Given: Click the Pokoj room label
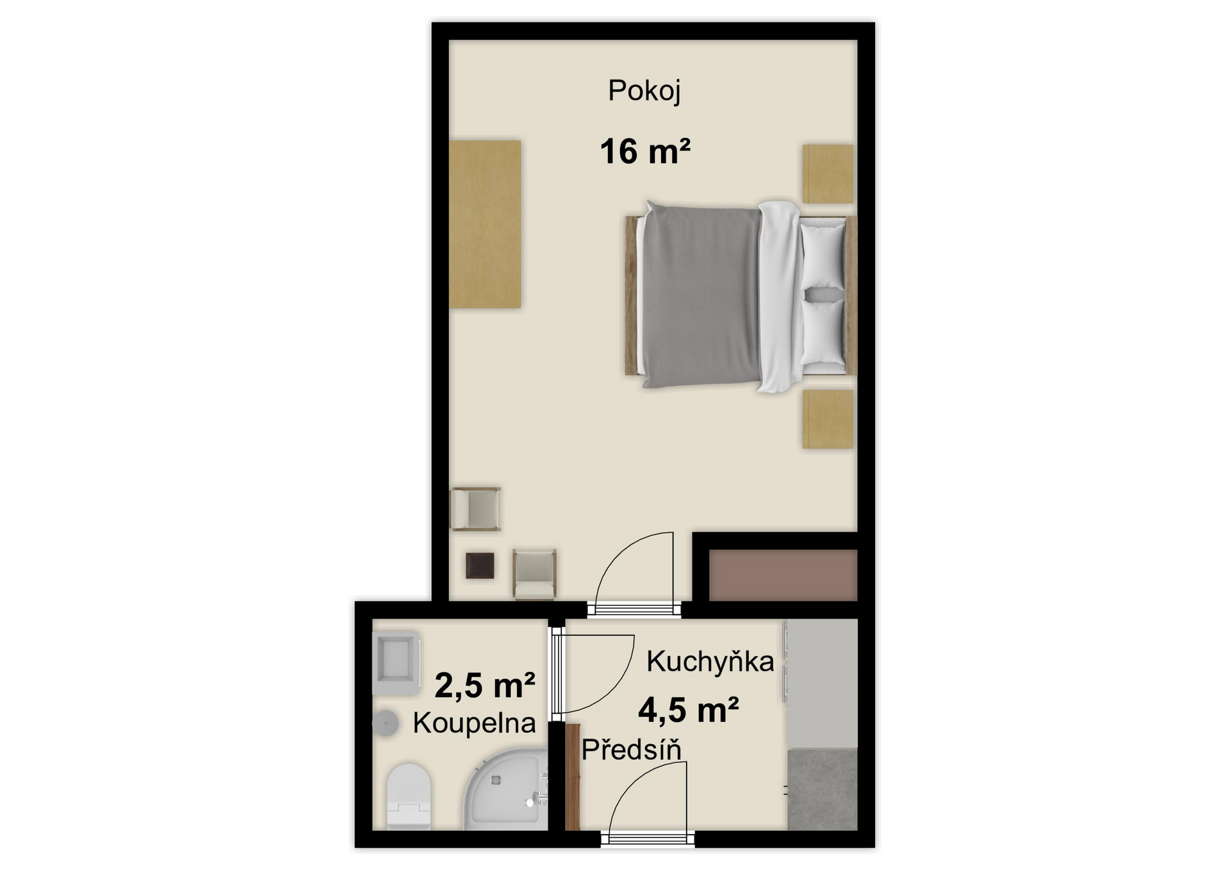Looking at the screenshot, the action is point(644,91).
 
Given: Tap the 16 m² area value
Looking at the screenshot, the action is point(645,152).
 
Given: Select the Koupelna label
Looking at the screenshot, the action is point(474,723).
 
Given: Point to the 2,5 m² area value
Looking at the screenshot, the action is point(485,685).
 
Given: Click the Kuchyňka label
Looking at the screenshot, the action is point(710,661).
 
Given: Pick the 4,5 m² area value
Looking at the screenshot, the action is point(689,710).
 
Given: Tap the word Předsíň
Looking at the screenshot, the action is point(631,750).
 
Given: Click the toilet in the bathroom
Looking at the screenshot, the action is point(409,796).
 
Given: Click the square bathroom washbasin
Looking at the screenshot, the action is point(396,664).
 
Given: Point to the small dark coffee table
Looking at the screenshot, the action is point(480,566).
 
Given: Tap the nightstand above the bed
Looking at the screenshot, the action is point(828,174).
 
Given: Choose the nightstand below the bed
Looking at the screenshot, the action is point(828,419).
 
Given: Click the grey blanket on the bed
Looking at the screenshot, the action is point(701,295).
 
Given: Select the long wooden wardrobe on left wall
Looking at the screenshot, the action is point(485,224).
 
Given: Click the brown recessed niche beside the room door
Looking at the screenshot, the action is point(783,575).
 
